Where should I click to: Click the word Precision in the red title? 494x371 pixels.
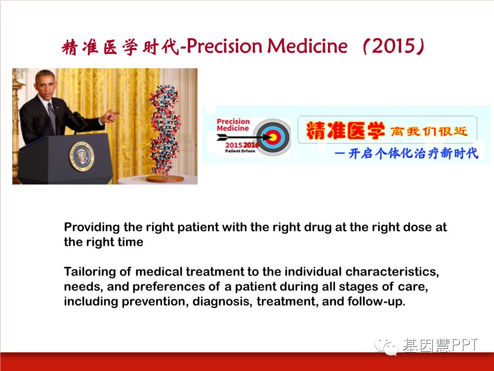(x=224, y=46)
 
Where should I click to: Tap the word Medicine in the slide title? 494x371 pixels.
(x=307, y=46)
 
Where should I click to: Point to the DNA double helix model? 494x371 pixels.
(x=165, y=129)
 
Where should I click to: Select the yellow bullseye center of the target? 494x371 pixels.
(x=273, y=137)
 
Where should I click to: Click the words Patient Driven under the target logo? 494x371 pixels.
(x=240, y=151)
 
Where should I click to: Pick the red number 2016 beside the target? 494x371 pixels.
(x=251, y=145)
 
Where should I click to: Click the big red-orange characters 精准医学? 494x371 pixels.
(x=345, y=130)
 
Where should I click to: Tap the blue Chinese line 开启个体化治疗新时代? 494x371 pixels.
(x=412, y=153)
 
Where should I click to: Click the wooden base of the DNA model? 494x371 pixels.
(x=165, y=179)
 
